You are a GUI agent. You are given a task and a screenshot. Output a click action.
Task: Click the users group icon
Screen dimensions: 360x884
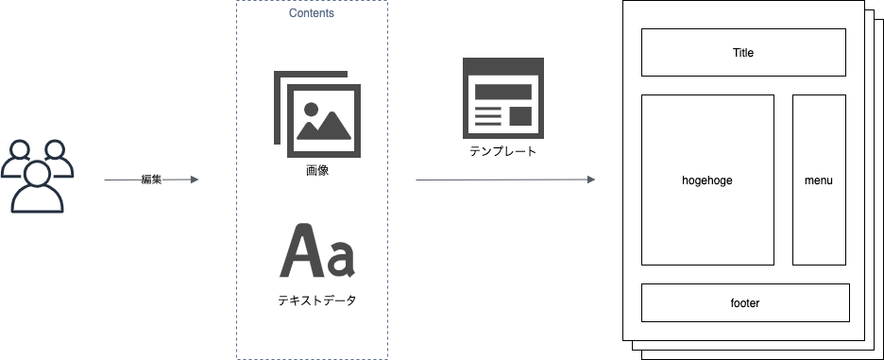38,176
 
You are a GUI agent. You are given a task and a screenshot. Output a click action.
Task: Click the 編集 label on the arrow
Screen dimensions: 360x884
151,180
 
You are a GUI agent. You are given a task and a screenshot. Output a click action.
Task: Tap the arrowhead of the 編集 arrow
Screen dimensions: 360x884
195,180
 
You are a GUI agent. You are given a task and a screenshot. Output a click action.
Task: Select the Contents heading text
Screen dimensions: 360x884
311,14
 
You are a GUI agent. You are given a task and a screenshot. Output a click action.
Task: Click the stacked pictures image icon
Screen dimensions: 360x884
315,114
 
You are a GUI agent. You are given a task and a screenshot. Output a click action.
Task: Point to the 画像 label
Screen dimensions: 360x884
317,173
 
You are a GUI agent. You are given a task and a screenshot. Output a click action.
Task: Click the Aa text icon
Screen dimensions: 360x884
317,252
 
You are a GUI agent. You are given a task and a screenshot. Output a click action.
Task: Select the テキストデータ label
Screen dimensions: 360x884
317,302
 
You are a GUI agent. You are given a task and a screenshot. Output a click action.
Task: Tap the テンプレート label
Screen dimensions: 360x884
504,152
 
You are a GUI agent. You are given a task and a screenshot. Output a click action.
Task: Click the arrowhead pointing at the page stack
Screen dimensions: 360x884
591,180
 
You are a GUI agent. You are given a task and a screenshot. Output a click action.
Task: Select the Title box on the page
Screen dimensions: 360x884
743,52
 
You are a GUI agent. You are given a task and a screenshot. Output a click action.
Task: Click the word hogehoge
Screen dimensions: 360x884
707,180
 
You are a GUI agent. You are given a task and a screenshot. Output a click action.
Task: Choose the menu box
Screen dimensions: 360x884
818,180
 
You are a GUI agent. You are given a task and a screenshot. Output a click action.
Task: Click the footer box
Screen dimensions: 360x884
745,302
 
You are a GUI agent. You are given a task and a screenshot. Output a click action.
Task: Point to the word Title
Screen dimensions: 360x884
743,53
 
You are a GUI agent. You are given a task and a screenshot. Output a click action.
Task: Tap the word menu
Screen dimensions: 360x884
818,180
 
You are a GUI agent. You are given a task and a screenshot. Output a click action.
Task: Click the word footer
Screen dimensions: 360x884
745,303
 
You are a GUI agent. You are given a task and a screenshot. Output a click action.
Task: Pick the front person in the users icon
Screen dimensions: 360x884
39,189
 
